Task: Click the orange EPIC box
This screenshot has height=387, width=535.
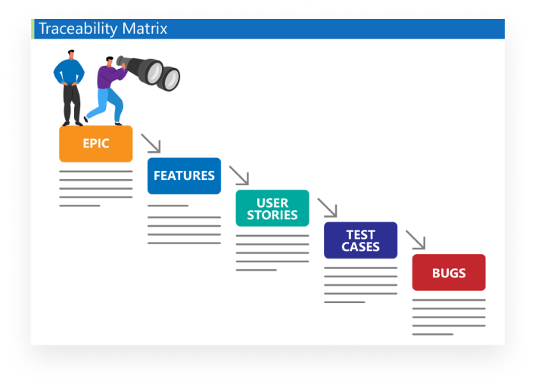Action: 96,144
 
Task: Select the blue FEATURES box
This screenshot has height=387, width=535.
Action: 184,176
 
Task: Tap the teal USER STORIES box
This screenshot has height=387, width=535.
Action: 272,208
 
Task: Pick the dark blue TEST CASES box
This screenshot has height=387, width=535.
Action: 361,240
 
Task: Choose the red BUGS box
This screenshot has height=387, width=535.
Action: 449,272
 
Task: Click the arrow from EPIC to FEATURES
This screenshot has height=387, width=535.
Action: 151,143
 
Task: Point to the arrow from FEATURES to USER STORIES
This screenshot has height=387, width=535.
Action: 239,175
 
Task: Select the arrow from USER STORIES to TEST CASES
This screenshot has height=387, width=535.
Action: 327,207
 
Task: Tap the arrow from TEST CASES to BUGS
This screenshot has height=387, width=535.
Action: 415,240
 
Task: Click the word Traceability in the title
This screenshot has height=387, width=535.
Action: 78,29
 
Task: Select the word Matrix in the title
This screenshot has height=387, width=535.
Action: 145,28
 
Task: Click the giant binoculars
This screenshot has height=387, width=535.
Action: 148,73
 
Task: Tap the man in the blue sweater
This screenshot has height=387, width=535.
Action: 70,88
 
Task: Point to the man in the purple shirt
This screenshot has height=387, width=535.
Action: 106,90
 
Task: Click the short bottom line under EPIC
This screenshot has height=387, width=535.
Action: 79,206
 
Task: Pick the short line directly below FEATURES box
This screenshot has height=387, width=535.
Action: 168,206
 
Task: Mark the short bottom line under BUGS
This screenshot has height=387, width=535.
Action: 433,334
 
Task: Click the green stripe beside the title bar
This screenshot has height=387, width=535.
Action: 33,29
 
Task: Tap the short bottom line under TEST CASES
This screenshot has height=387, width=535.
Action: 344,302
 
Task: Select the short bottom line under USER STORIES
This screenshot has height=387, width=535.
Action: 257,270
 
